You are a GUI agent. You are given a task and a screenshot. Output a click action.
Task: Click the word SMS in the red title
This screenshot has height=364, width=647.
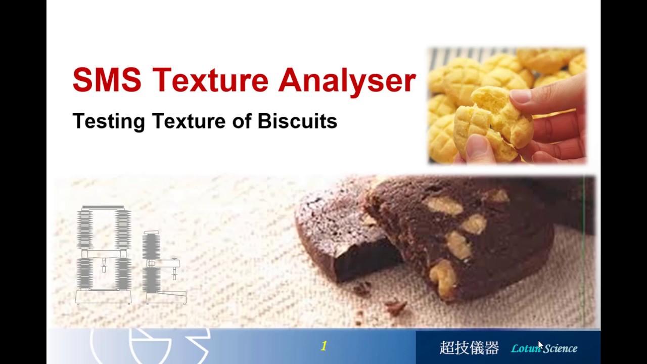pyautogui.click(x=107, y=80)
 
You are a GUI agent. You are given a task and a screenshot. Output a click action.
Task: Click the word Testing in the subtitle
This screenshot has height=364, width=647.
pyautogui.click(x=109, y=121)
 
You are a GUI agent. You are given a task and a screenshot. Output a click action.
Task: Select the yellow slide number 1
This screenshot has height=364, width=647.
pyautogui.click(x=323, y=346)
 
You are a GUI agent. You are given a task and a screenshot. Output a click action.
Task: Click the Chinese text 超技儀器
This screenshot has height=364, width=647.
pyautogui.click(x=469, y=348)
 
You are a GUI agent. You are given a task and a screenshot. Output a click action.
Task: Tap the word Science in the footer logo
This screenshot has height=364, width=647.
pyautogui.click(x=560, y=348)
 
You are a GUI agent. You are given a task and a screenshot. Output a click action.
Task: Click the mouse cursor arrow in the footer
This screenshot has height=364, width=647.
pyautogui.click(x=540, y=345)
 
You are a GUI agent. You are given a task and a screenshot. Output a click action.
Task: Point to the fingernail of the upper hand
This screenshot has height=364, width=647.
pyautogui.click(x=520, y=97)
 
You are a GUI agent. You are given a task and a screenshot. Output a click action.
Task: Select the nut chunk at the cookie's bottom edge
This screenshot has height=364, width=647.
pyautogui.click(x=442, y=278)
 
